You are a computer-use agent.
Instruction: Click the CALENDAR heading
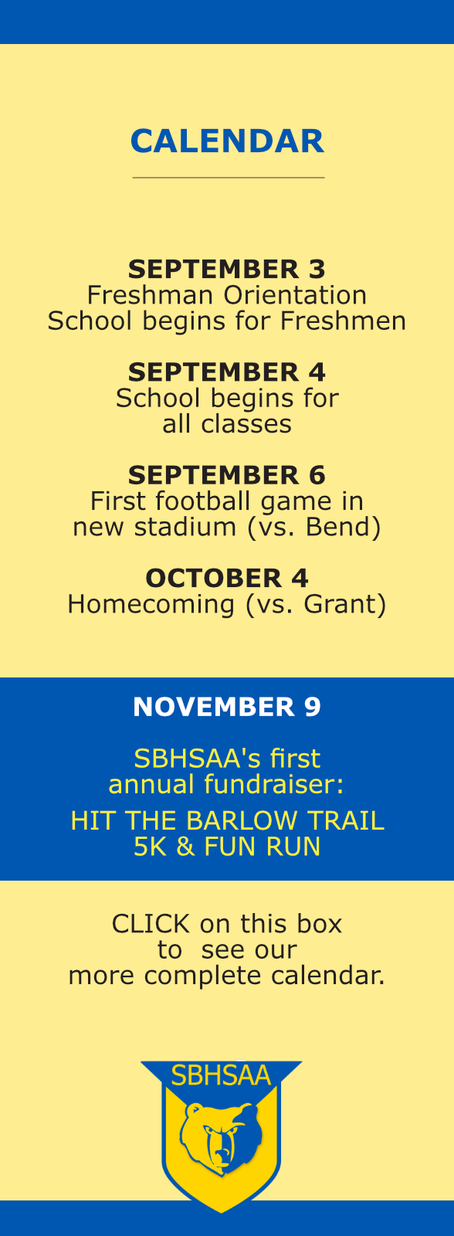click(x=227, y=141)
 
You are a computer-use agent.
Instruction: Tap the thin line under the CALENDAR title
click(x=229, y=178)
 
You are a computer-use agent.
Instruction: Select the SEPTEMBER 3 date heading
click(x=227, y=270)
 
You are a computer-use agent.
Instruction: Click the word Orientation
click(x=295, y=295)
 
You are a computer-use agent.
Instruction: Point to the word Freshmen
click(x=343, y=321)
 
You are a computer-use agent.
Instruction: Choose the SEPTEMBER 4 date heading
click(x=227, y=372)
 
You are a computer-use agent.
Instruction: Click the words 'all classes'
click(x=227, y=424)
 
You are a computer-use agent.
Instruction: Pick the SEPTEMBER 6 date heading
click(x=227, y=476)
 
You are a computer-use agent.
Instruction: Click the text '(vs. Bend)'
click(x=313, y=527)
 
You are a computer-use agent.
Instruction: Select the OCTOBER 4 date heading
click(x=227, y=579)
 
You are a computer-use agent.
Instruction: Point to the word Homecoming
click(x=151, y=604)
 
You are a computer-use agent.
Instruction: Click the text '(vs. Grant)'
click(x=316, y=604)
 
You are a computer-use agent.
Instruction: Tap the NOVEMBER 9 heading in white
click(x=227, y=707)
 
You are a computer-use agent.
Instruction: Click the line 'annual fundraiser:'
click(x=226, y=784)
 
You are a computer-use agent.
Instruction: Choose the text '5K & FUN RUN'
click(x=227, y=847)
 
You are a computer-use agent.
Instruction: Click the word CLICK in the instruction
click(x=151, y=924)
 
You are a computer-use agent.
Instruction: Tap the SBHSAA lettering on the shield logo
click(x=221, y=1075)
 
